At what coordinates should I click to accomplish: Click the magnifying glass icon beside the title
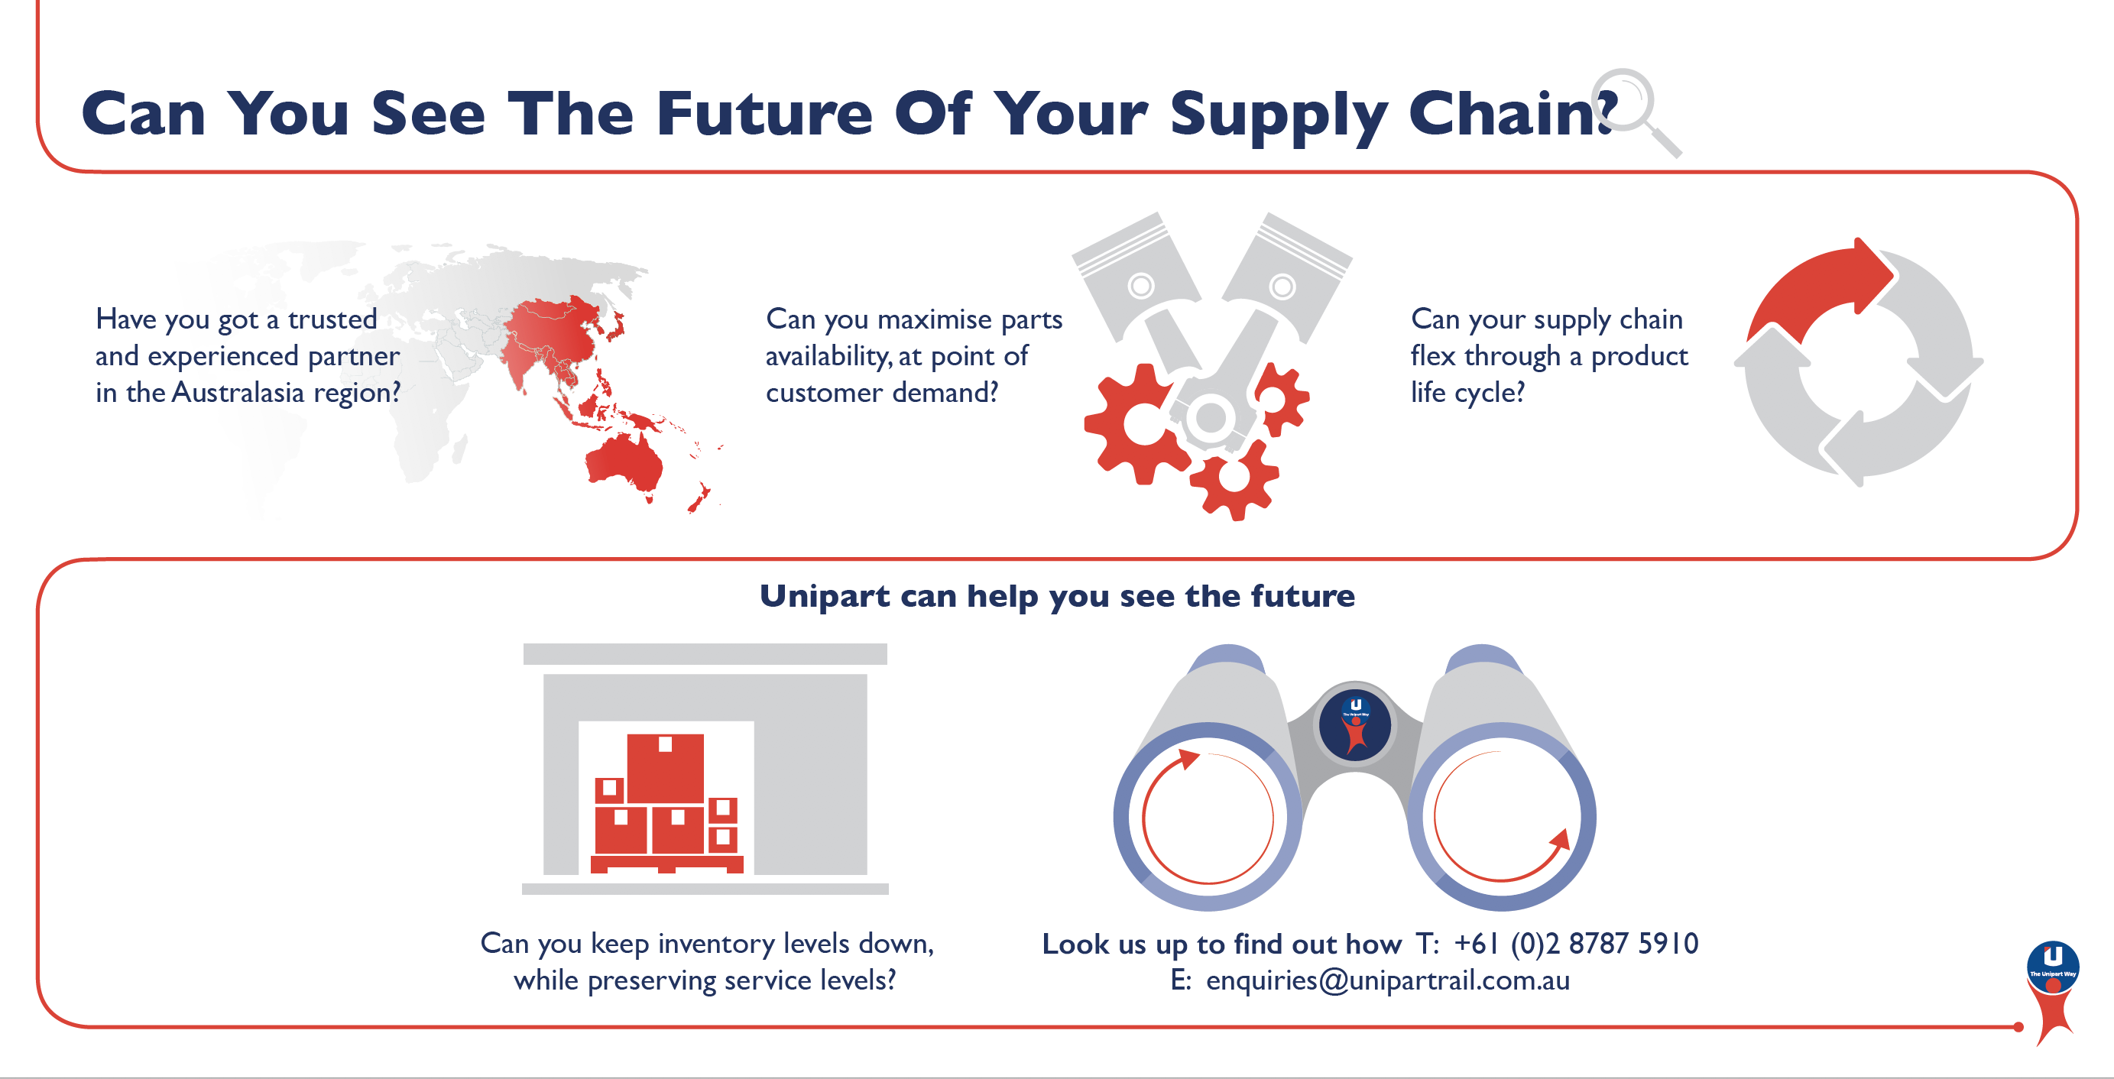pos(1633,111)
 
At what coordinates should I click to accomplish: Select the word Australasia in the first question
pos(238,392)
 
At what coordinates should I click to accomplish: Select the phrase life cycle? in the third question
pos(1467,393)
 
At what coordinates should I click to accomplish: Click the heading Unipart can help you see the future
pos(1057,596)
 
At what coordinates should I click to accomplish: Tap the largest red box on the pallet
pos(665,768)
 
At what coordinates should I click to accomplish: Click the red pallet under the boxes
pos(666,864)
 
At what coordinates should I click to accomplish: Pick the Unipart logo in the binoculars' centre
pos(1355,724)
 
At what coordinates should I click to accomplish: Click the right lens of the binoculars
pos(1502,816)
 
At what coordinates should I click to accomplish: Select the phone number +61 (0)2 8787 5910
pos(1576,944)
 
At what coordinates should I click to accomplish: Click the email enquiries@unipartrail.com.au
pos(1388,980)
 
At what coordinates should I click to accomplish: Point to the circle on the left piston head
pos(1141,286)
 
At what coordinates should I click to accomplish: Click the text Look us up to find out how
pos(1221,944)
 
